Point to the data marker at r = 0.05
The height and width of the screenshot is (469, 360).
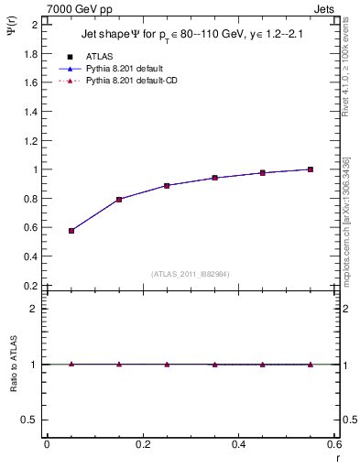[71, 231]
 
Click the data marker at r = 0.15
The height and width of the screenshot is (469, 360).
[119, 199]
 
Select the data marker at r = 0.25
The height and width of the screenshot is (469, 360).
[167, 185]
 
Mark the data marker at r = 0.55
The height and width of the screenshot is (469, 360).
[311, 169]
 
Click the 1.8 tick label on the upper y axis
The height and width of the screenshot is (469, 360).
[30, 53]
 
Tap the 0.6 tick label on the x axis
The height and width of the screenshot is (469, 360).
[334, 444]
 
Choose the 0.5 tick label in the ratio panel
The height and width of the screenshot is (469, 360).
[30, 420]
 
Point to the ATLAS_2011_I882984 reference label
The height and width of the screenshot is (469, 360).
[191, 273]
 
